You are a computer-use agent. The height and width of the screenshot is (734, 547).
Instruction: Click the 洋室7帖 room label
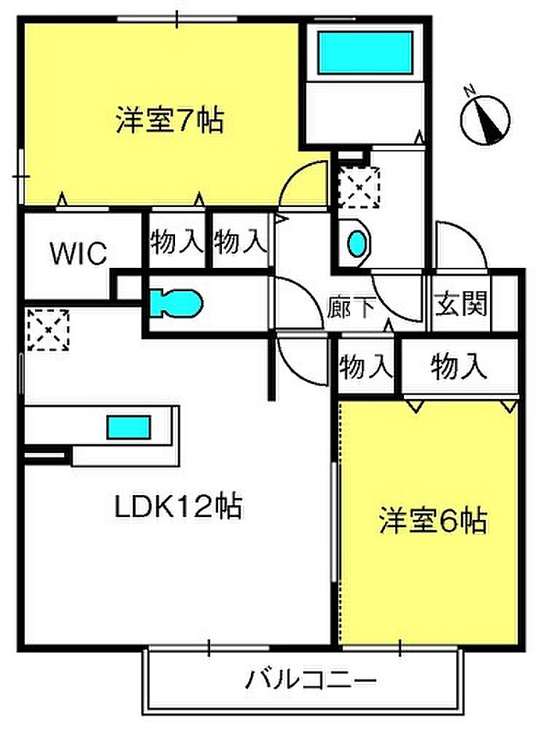click(170, 121)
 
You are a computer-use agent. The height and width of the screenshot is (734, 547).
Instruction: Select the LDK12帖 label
click(177, 508)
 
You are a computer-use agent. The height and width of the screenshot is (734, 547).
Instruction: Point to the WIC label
click(78, 254)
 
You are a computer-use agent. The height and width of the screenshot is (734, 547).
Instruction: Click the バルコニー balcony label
click(311, 679)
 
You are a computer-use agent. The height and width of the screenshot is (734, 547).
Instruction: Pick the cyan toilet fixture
click(176, 301)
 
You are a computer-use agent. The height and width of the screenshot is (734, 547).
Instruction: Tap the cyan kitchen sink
click(128, 427)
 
